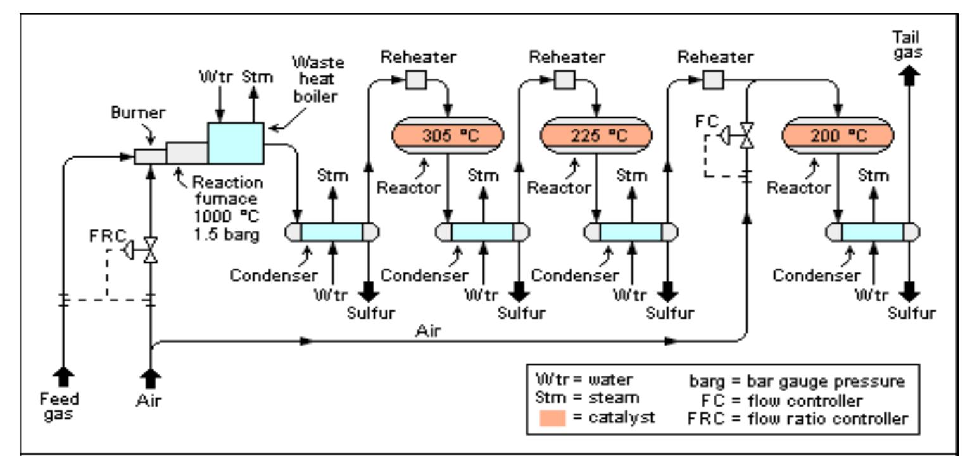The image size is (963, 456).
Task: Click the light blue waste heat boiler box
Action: pos(236,144)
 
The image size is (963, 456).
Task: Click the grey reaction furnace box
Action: pos(187,153)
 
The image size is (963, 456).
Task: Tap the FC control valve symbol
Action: pos(748,134)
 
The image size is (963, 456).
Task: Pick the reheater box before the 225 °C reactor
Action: pos(563,80)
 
